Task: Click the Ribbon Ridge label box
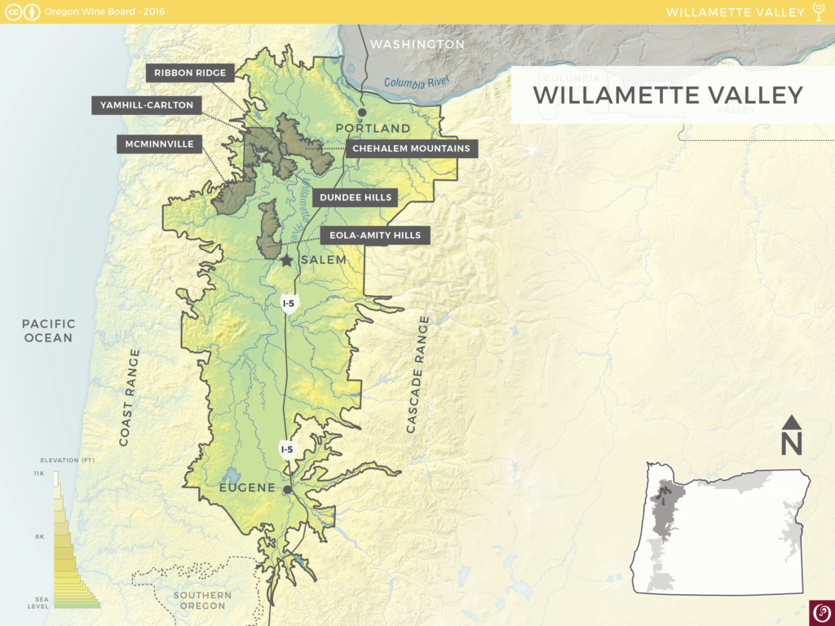(190, 73)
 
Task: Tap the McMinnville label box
(160, 144)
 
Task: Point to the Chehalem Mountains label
(411, 148)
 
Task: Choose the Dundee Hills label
(356, 197)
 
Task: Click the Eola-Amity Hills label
(375, 236)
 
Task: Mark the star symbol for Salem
(286, 261)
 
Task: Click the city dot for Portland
(362, 112)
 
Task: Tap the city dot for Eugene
(287, 491)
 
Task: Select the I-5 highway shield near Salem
(288, 303)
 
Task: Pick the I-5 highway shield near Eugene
(287, 448)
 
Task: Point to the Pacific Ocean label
(48, 331)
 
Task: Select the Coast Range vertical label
(129, 397)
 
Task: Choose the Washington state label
(417, 44)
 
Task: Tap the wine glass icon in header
(820, 11)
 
